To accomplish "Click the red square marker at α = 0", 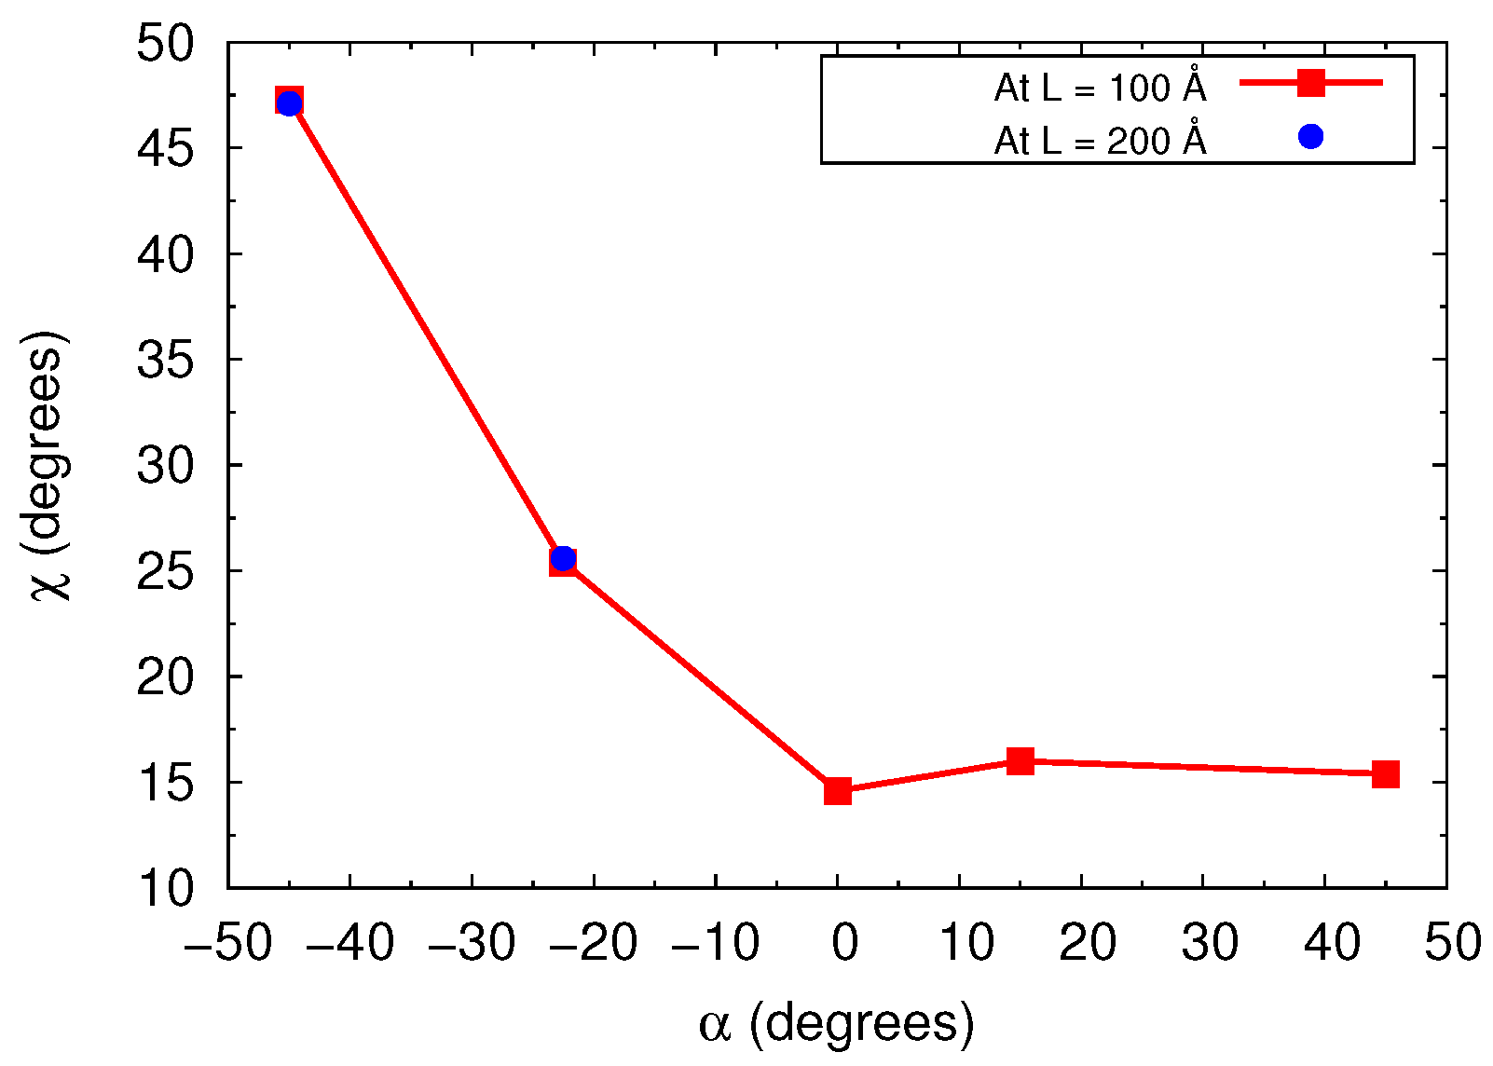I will pos(838,790).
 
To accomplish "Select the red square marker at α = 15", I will pos(1020,760).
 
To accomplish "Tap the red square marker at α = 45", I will pos(1386,773).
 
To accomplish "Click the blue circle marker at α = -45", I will pos(290,102).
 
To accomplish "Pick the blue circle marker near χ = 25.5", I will pos(563,559).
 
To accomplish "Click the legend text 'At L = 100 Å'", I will pos(1100,88).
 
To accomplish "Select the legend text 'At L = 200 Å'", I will pos(1100,141).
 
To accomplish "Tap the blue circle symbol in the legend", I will pos(1311,137).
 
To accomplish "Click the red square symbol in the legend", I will pos(1311,83).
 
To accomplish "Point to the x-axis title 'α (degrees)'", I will pos(836,1024).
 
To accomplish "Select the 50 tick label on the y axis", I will pos(165,44).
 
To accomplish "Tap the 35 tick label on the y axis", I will pos(165,360).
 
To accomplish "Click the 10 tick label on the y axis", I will pos(165,887).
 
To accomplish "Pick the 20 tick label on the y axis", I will pos(165,676).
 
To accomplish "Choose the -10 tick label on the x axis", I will pos(716,943).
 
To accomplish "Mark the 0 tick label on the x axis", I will pos(843,943).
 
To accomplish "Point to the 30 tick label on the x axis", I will pos(1209,943).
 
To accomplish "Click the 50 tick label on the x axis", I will pos(1452,943).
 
